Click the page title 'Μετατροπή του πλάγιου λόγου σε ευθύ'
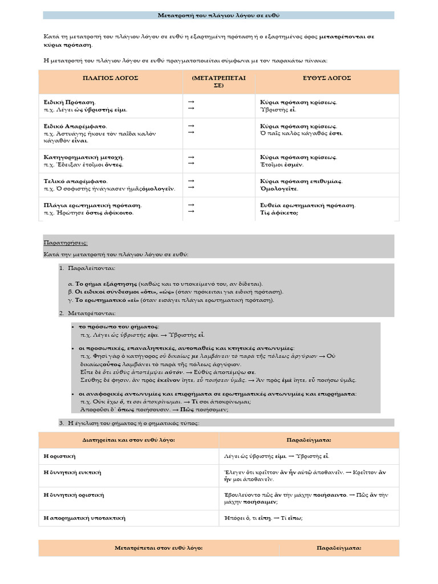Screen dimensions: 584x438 (218, 15)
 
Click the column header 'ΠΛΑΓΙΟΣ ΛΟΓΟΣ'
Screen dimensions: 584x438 (111, 78)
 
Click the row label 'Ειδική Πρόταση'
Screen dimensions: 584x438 (70, 102)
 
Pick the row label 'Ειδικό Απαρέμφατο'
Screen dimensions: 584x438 (75, 126)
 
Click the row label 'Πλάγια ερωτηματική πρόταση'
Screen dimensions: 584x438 (93, 205)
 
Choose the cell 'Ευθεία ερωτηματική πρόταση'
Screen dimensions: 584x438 (307, 205)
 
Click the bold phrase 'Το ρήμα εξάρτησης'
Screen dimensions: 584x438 (107, 283)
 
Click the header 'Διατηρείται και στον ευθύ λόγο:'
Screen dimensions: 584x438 (128, 441)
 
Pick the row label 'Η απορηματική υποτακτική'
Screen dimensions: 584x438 (84, 518)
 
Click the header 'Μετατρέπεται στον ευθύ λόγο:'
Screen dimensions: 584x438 (159, 547)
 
